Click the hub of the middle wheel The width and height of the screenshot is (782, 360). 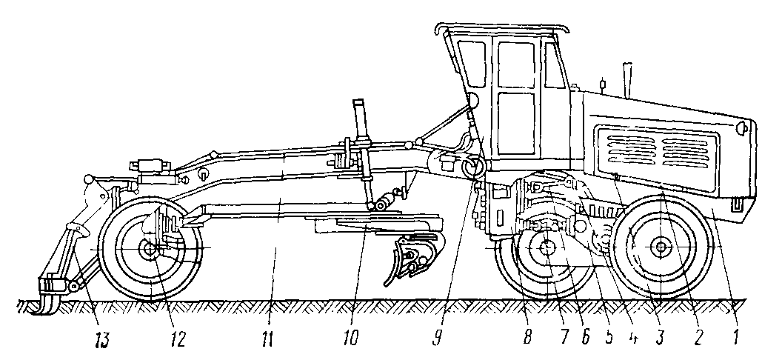point(548,249)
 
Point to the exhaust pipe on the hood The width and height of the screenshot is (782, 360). point(629,80)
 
